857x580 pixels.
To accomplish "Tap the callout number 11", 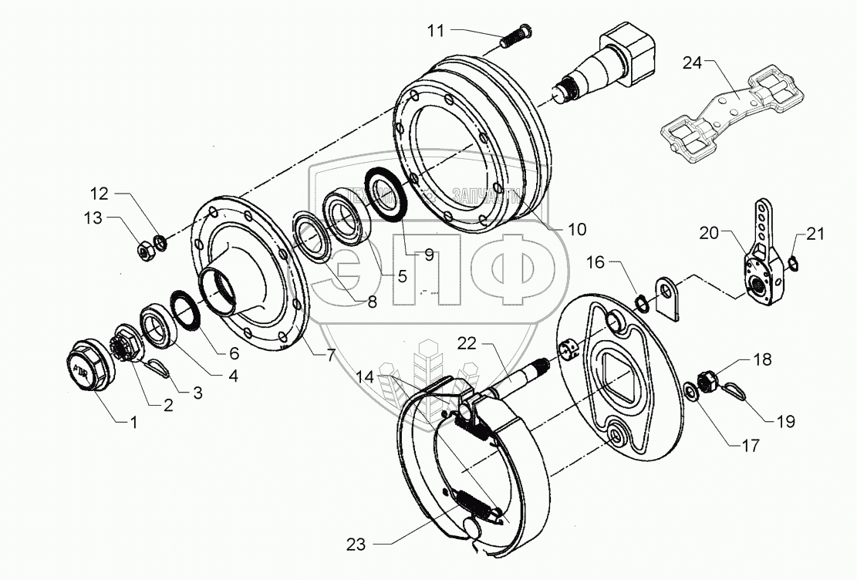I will point(437,31).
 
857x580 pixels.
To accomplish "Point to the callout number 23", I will point(355,545).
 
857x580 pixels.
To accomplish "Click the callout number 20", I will point(710,232).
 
